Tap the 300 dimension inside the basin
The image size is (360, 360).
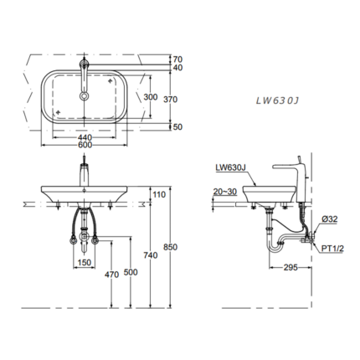coord(150,97)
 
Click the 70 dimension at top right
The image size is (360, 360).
coord(177,59)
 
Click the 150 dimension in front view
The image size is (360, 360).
coord(85,263)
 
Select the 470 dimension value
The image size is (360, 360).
coord(110,273)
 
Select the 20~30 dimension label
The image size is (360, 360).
coord(224,191)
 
